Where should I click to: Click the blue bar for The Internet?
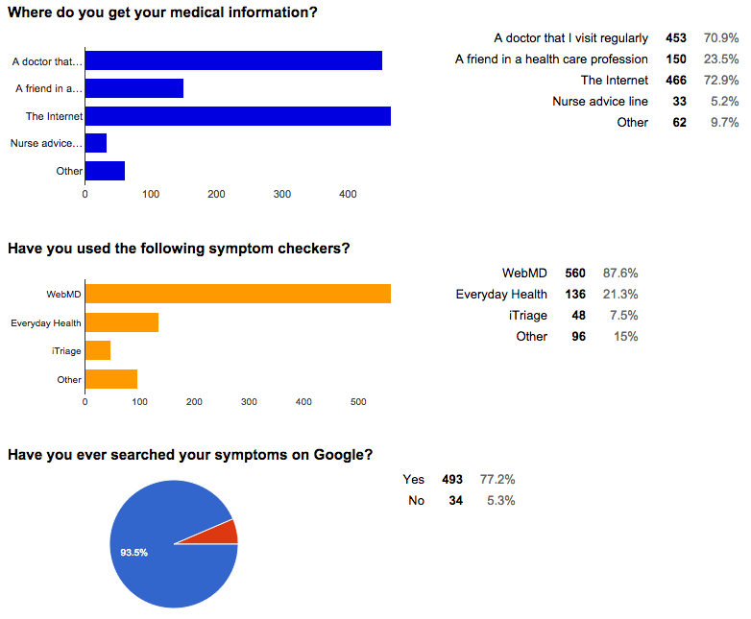click(237, 116)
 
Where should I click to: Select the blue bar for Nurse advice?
click(96, 144)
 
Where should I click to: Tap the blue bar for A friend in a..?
click(134, 89)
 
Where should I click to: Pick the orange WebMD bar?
click(237, 294)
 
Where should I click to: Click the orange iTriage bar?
click(98, 351)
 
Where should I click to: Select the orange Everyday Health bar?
click(122, 322)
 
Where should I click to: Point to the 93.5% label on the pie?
click(133, 553)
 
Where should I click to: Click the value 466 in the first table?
click(676, 81)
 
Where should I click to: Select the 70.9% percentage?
click(720, 38)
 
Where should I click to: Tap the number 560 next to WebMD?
click(574, 273)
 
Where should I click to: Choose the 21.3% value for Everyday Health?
click(620, 294)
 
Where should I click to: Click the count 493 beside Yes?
click(451, 479)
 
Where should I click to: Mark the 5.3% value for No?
click(499, 500)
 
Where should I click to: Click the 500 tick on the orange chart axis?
click(358, 402)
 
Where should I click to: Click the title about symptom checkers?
click(179, 249)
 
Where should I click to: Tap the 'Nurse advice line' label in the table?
click(599, 102)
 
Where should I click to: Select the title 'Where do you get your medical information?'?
click(163, 13)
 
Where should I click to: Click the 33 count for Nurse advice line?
click(679, 102)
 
